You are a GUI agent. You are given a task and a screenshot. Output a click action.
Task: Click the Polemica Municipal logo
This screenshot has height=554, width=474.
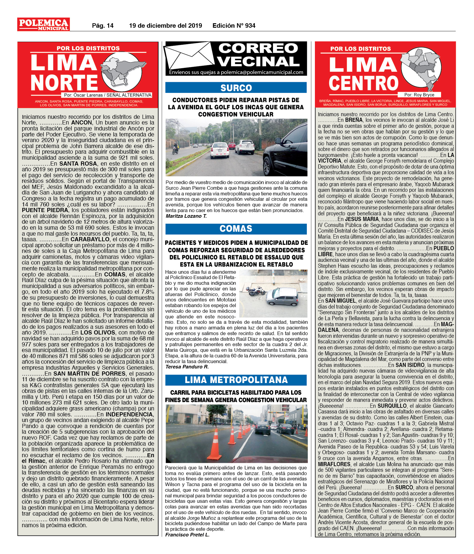click(x=43, y=24)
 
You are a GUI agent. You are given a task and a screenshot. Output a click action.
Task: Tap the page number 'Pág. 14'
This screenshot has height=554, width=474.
click(x=103, y=26)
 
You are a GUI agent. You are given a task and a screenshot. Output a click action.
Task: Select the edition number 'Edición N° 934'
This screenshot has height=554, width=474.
click(x=234, y=26)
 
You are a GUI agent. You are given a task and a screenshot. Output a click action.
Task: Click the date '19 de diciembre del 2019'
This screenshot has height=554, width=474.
click(x=165, y=26)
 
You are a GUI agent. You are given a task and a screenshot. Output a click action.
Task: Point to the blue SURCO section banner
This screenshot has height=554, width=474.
click(x=236, y=88)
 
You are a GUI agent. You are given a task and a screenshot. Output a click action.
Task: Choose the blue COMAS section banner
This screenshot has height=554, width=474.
click(x=236, y=228)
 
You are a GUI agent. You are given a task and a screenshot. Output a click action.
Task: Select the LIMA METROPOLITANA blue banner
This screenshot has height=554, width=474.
click(x=236, y=380)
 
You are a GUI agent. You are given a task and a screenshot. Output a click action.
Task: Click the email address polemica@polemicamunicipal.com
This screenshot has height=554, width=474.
click(x=262, y=72)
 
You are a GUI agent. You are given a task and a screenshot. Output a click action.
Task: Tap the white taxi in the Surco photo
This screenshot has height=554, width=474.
click(x=220, y=150)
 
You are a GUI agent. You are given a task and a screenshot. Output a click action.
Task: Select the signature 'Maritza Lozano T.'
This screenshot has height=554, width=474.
click(x=186, y=216)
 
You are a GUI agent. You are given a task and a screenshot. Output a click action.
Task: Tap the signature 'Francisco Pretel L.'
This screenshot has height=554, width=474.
click(x=187, y=534)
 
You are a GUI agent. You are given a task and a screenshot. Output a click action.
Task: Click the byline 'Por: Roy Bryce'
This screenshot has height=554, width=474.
click(x=419, y=95)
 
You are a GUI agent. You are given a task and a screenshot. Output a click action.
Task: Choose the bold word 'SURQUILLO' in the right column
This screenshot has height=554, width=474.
click(x=392, y=406)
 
